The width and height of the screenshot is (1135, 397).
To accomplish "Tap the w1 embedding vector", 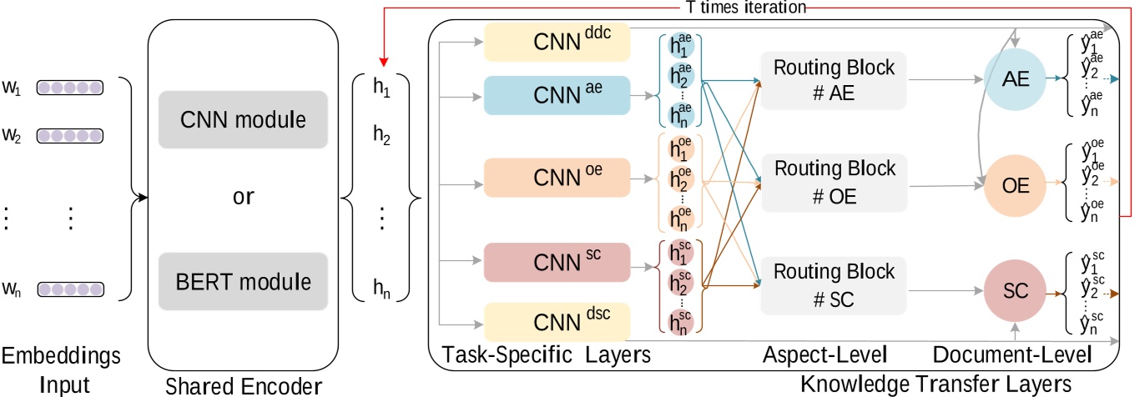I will tap(69, 88).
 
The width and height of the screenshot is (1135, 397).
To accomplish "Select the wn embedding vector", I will tap(69, 290).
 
